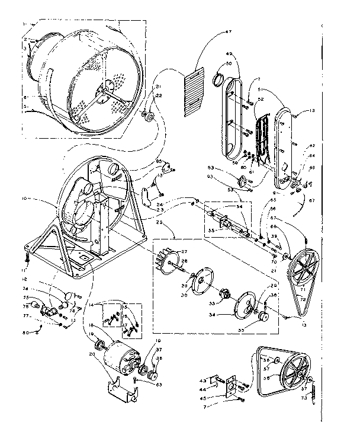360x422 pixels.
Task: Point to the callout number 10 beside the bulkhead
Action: pos(25,199)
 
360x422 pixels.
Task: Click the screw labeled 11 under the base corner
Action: pos(27,257)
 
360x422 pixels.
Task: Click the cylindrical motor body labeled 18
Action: pos(122,354)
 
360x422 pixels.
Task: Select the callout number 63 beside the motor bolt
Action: pos(159,384)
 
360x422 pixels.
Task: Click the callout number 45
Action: pos(204,397)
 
